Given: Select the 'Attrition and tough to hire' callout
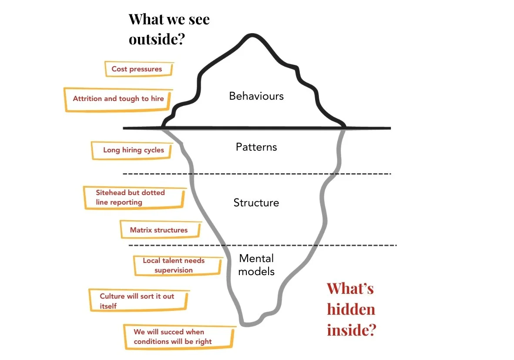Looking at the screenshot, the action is (118, 99).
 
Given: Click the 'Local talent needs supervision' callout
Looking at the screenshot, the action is (177, 265).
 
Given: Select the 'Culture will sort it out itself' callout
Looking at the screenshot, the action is (138, 300).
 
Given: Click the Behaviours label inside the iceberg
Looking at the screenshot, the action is (256, 96).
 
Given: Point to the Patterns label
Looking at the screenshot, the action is (256, 147).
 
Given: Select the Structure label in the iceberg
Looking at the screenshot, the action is (256, 202).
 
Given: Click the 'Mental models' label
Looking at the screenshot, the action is (257, 265).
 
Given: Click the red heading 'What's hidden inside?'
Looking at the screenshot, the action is (351, 309).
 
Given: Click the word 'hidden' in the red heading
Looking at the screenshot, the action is (351, 309).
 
